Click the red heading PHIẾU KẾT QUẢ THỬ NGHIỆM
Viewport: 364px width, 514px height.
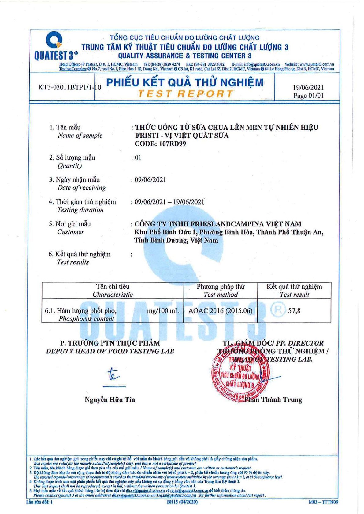click(184, 82)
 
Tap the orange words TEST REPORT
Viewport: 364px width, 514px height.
click(185, 94)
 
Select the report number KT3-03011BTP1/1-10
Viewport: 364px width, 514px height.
click(70, 87)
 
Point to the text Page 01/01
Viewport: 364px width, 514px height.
click(308, 96)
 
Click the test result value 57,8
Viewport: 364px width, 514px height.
click(294, 311)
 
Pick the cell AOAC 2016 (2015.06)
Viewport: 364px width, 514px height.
click(220, 311)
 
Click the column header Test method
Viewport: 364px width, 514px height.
click(221, 295)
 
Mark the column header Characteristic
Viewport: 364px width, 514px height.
click(113, 295)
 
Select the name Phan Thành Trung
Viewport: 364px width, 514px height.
click(273, 400)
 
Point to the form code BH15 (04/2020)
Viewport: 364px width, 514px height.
click(182, 502)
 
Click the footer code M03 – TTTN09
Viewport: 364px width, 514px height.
click(323, 502)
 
